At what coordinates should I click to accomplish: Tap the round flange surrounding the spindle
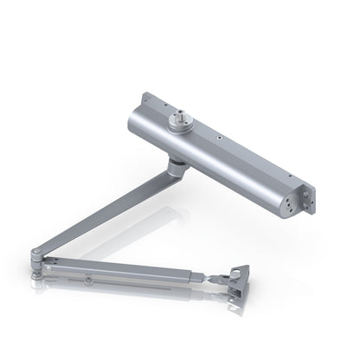pos(184,123)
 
